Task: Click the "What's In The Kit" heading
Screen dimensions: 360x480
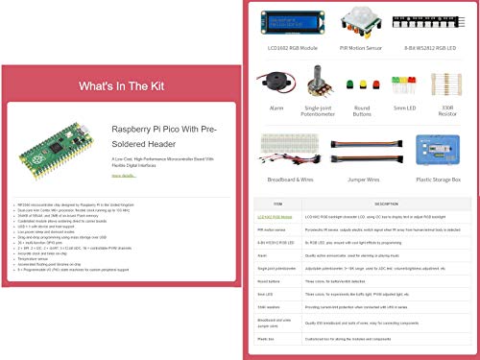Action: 121,85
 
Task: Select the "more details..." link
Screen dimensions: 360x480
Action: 124,176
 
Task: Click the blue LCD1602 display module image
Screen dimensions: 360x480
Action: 284,26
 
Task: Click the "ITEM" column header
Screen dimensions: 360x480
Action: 278,204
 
